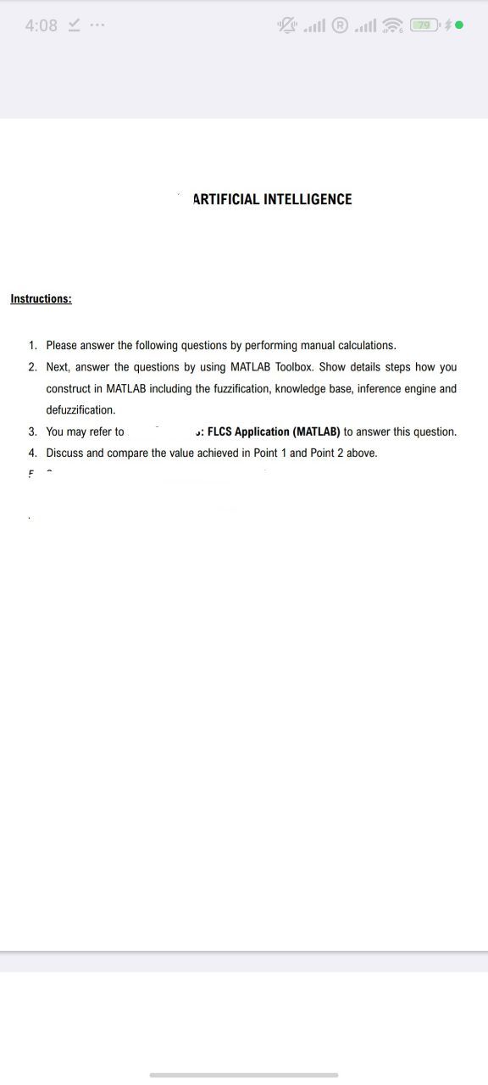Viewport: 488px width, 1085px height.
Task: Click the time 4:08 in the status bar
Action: click(42, 25)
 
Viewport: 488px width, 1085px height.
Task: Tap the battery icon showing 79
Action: click(423, 25)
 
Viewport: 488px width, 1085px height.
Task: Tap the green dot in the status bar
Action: click(459, 25)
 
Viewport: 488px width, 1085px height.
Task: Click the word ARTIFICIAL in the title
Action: click(226, 199)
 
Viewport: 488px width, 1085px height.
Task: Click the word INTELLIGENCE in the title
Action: click(308, 199)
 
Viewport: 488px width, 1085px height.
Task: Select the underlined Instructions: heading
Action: click(41, 298)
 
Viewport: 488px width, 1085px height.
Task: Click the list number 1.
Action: click(32, 346)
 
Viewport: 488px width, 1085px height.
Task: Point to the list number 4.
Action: click(32, 453)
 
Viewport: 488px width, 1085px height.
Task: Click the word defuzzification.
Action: click(80, 410)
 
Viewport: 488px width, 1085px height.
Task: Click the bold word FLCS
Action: click(219, 431)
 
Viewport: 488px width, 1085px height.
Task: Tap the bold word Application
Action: click(262, 431)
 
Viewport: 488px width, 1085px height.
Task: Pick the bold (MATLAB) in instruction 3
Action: click(316, 431)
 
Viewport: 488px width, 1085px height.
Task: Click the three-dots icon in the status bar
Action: click(97, 25)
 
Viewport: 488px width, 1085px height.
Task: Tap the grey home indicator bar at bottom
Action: click(244, 1075)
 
